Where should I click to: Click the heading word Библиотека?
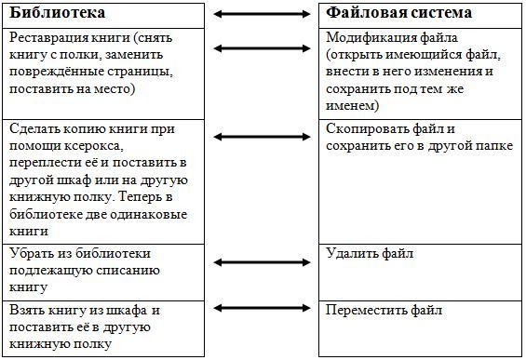(x=58, y=13)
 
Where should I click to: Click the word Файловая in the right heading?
(x=362, y=13)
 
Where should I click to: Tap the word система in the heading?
(x=437, y=13)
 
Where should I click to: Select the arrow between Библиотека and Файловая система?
(x=262, y=14)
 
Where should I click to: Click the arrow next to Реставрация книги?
(x=262, y=48)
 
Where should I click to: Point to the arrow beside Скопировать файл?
(x=262, y=137)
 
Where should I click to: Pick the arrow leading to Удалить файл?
(x=262, y=262)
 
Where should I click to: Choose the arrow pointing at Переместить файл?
(x=262, y=308)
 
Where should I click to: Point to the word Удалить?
(x=352, y=253)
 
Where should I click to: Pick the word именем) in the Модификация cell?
(x=353, y=106)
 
